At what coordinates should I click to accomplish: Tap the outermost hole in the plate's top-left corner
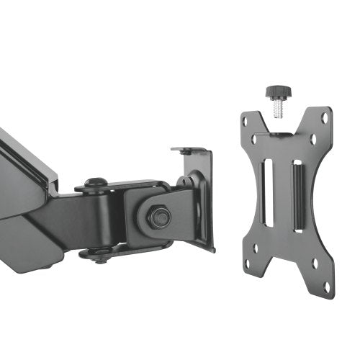[245, 122]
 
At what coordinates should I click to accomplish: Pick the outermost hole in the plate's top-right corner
[325, 117]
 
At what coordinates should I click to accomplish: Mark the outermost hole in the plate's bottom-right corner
[326, 286]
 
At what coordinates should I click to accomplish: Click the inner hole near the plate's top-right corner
[312, 137]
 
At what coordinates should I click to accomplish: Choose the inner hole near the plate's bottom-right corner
[314, 264]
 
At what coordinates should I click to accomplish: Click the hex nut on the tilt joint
[158, 215]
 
